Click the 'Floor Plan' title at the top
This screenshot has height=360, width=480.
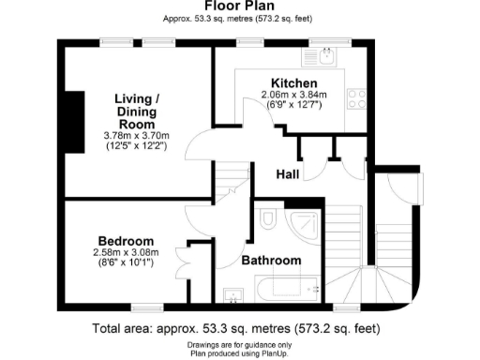pyautogui.click(x=239, y=6)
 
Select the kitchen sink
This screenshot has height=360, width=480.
pyautogui.click(x=326, y=59)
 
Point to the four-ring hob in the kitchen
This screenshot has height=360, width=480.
pyautogui.click(x=356, y=94)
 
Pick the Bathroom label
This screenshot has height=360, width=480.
pyautogui.click(x=272, y=260)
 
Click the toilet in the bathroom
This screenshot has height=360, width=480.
pyautogui.click(x=267, y=220)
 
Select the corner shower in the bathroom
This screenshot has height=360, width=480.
pyautogui.click(x=306, y=226)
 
